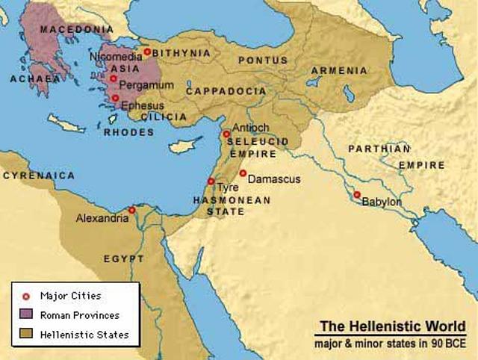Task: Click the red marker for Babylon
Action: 357,195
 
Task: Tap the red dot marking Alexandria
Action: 131,210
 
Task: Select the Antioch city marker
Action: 226,134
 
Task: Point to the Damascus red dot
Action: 243,173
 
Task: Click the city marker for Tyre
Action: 211,181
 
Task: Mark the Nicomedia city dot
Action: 147,52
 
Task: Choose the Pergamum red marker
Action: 113,78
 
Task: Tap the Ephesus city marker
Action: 115,98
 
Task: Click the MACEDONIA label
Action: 72,29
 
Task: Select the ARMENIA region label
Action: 340,70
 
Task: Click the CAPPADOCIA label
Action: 226,90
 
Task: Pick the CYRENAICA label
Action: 39,175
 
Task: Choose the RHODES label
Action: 128,132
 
